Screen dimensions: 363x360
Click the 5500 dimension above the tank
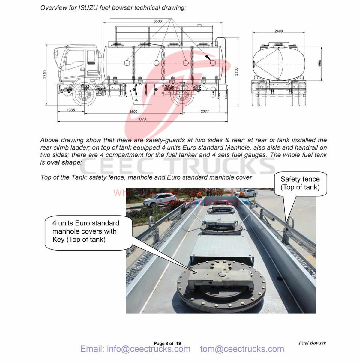[157, 21]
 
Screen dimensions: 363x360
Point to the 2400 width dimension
[278, 31]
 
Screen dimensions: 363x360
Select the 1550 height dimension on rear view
[320, 64]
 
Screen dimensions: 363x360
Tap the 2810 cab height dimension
[45, 74]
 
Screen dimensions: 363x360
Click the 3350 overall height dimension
[236, 72]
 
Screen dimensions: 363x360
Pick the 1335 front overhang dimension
[71, 110]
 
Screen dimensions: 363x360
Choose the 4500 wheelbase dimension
[133, 112]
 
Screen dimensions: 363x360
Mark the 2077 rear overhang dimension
[205, 111]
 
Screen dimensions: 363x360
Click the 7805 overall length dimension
[142, 120]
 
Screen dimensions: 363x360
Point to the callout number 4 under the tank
[136, 100]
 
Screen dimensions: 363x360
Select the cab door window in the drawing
[75, 60]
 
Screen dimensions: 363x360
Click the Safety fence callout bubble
[300, 183]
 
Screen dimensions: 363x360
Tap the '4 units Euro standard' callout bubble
[87, 231]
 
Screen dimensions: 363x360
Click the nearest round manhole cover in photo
[221, 285]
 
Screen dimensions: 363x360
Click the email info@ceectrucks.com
[135, 349]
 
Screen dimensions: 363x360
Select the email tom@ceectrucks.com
[242, 349]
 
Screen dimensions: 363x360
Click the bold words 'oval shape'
[63, 162]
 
